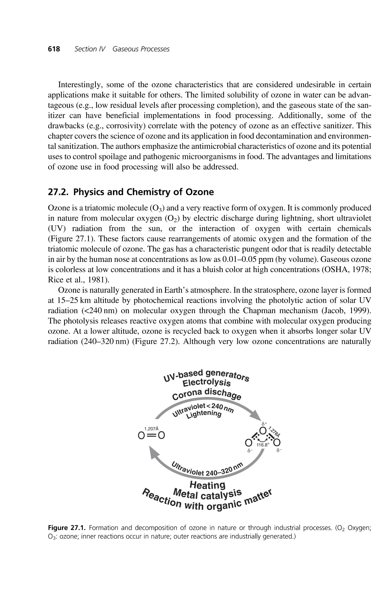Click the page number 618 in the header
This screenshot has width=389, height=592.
tap(54, 49)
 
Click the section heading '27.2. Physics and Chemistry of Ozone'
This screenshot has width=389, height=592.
tap(131, 192)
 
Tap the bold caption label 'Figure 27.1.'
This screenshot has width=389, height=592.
tap(67, 528)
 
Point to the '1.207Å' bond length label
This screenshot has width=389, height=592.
tap(151, 429)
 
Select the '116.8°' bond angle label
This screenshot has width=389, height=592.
tap(263, 445)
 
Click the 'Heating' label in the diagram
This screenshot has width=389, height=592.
tap(207, 485)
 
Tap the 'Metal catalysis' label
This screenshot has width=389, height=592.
tap(207, 494)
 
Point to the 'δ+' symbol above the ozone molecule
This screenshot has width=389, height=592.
tap(264, 424)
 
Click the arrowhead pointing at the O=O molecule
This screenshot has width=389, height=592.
tap(154, 452)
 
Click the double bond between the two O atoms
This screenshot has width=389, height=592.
tap(151, 436)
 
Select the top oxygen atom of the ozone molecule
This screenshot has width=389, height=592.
tap(263, 431)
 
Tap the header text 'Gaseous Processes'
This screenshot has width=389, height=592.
tap(141, 49)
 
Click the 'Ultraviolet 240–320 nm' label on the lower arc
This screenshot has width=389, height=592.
tap(207, 469)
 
